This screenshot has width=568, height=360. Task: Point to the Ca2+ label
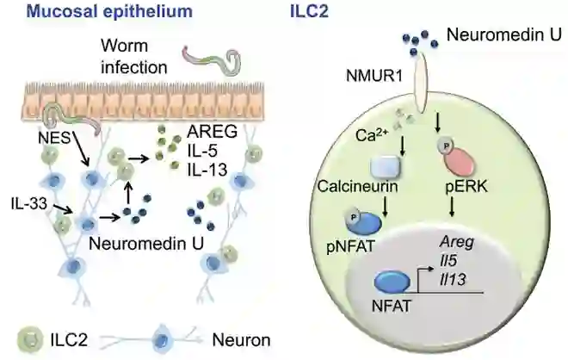pyautogui.click(x=369, y=137)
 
